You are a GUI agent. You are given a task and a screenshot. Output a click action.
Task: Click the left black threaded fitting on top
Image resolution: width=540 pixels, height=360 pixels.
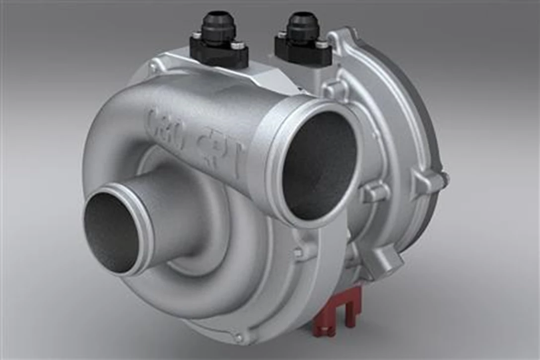218,28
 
